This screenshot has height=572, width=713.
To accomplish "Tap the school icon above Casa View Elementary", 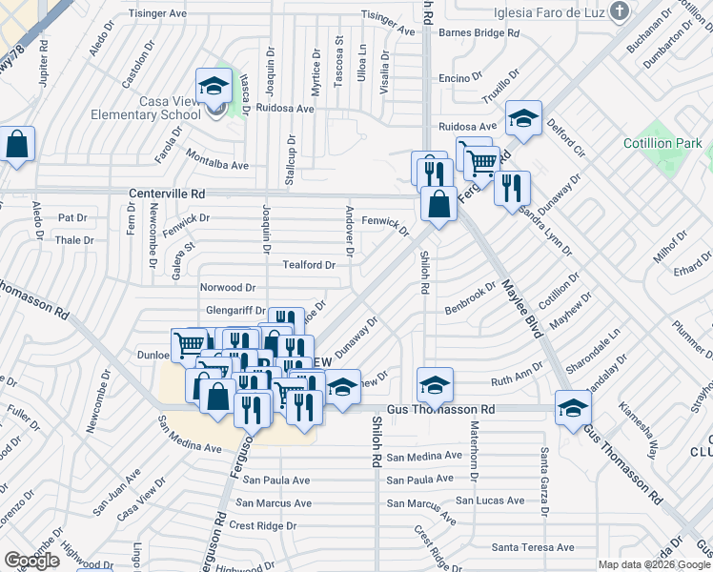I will pos(214,85).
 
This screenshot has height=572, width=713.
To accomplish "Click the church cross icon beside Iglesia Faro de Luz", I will pos(621,11).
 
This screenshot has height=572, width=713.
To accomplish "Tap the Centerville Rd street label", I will pos(167,193).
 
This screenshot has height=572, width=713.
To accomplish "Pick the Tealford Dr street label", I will pos(308,265).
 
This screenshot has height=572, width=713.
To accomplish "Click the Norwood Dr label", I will pos(227,287).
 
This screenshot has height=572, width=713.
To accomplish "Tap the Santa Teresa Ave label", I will pos(533,547).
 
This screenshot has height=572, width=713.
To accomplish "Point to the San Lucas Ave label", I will pos(489,500).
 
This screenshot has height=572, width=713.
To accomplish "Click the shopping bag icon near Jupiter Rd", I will pos(18,145).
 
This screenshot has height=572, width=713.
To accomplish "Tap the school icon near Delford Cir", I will pos(523,118).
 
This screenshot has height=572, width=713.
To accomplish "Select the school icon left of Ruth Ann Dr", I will pos(435,385).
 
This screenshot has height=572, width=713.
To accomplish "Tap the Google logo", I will pos(32,561).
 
